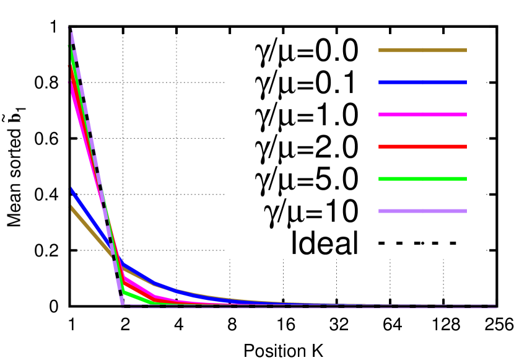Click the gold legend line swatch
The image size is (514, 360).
coord(422,50)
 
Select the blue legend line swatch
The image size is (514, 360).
coord(422,82)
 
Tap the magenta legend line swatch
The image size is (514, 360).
coord(422,115)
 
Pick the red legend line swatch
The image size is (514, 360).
coord(422,147)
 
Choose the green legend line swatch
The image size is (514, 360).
coord(422,179)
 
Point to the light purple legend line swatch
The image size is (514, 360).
coord(422,211)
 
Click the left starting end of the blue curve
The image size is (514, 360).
coord(71,190)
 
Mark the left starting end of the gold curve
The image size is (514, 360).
coord(71,208)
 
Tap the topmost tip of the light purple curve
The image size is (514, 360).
coord(71,29)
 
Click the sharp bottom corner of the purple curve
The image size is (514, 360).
coord(123,304)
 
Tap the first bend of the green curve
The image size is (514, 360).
coord(124,291)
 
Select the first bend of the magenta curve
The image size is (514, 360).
coord(124,278)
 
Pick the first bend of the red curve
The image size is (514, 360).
coord(124,284)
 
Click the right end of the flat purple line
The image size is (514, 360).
coord(495,306)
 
